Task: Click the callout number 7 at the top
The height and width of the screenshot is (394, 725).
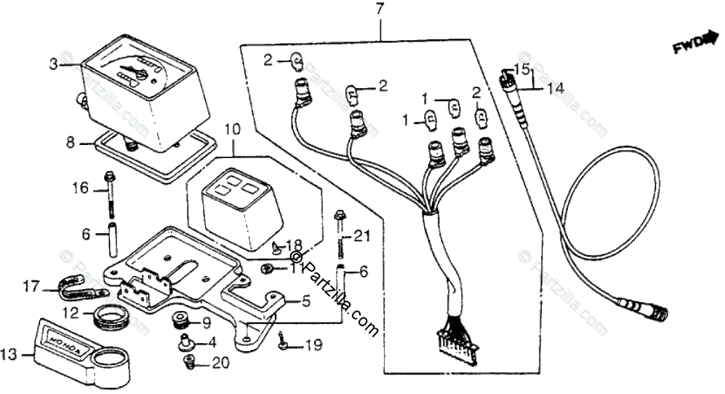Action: (379, 9)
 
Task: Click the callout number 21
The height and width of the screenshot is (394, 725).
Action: (362, 235)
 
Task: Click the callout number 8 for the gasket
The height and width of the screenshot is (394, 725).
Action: (71, 143)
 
